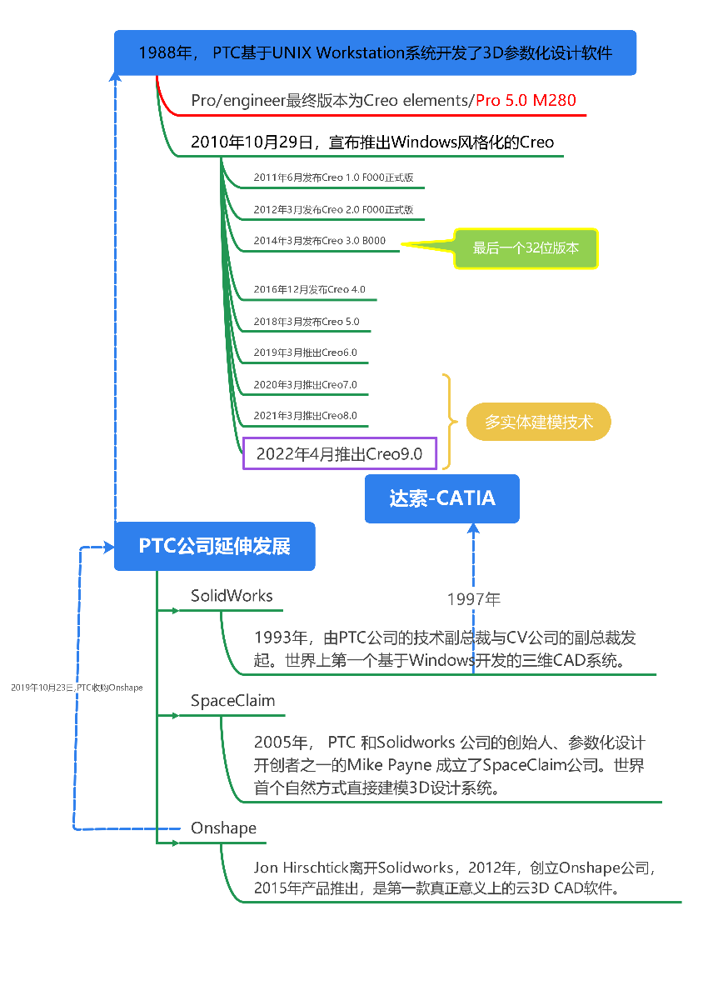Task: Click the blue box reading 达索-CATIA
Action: (441, 498)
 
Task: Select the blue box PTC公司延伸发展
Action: (214, 546)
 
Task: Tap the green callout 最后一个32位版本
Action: (526, 248)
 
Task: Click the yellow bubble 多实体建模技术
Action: (538, 423)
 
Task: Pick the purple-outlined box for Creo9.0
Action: (339, 453)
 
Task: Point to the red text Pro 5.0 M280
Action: (526, 101)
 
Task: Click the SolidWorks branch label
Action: (232, 596)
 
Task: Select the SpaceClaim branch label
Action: (232, 701)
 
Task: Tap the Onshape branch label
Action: (223, 828)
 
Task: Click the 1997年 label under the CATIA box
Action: (473, 598)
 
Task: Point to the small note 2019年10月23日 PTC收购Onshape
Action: (77, 688)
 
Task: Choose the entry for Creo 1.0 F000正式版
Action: (333, 178)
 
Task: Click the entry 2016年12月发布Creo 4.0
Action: (309, 289)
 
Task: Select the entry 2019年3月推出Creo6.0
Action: (305, 353)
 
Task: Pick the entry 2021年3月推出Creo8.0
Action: (305, 415)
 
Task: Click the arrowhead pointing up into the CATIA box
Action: (473, 528)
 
